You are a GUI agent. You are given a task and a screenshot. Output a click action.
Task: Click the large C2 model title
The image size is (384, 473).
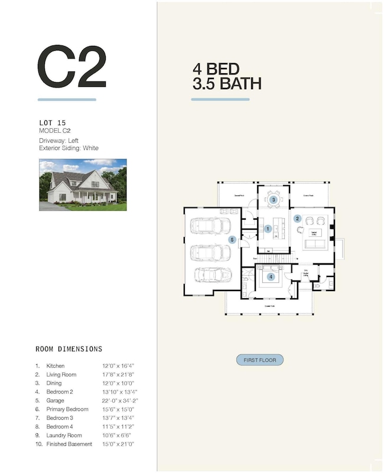[71, 67]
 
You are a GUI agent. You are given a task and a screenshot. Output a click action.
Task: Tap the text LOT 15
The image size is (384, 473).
[53, 123]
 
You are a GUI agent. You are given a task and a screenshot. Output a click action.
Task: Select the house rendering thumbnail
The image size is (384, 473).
[83, 184]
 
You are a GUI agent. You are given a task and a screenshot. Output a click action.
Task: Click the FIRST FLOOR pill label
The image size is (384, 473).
[260, 360]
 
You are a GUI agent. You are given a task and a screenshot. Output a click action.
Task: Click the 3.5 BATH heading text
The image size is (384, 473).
[226, 84]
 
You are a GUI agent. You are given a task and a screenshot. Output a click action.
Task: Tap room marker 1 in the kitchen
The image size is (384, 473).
[268, 229]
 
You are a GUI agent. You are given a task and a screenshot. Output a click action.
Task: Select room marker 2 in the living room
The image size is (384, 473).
[298, 218]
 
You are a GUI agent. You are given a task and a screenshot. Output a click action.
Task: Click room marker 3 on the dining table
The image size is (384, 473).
[274, 200]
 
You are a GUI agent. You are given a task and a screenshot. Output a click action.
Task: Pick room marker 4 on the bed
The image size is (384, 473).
[271, 276]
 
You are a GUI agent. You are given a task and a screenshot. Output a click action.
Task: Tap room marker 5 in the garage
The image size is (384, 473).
[232, 240]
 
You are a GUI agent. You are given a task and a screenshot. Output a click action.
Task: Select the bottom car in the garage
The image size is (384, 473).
[210, 275]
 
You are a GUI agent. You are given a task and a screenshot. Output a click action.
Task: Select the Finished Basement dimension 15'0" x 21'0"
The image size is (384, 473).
[120, 443]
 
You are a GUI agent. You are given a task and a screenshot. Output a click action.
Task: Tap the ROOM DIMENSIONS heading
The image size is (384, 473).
[69, 349]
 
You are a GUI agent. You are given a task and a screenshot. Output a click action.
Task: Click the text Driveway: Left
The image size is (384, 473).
[59, 140]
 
